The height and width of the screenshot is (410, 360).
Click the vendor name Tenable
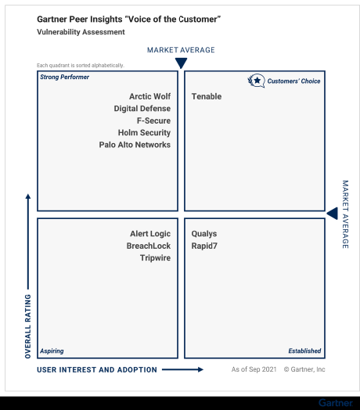(207, 97)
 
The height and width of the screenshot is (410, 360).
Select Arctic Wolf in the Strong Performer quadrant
(149, 97)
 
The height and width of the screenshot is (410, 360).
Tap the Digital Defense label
(142, 109)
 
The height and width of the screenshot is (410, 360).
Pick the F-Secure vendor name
(153, 121)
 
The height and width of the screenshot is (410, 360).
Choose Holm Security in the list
(144, 133)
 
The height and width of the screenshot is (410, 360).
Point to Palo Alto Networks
(135, 145)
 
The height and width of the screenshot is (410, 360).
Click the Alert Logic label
(150, 234)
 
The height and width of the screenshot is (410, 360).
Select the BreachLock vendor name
(149, 246)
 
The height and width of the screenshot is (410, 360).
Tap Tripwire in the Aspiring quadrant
(155, 258)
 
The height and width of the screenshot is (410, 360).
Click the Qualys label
(204, 234)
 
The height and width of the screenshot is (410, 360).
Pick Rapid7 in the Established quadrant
(204, 246)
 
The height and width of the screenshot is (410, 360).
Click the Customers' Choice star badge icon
(256, 80)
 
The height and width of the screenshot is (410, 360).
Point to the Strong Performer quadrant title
(64, 77)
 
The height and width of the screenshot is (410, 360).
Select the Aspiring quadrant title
(52, 351)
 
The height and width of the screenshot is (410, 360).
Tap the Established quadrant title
(304, 351)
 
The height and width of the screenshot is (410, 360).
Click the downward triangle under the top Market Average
(181, 63)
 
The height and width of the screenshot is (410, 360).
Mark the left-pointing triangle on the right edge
(332, 214)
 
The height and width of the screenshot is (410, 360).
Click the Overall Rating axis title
(28, 325)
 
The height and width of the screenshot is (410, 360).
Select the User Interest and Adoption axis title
(97, 369)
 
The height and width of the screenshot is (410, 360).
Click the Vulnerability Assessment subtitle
(81, 32)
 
